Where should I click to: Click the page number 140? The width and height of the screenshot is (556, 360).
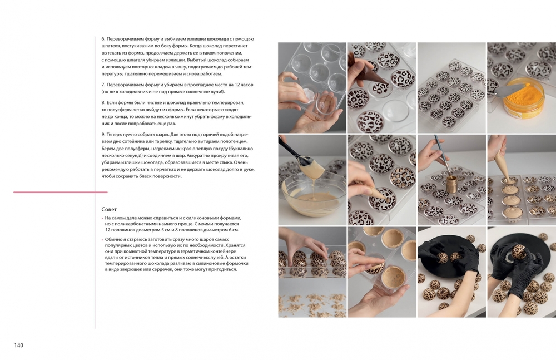click(x=19, y=345)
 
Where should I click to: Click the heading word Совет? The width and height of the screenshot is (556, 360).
click(x=109, y=209)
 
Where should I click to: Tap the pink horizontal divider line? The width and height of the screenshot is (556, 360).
click(x=60, y=192)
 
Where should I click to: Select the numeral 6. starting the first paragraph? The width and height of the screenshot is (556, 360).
click(x=103, y=39)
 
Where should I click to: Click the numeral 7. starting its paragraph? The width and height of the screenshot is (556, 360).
click(x=103, y=85)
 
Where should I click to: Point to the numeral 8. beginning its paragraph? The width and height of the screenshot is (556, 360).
click(x=103, y=102)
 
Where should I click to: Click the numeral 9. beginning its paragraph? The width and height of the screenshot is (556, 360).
click(x=103, y=135)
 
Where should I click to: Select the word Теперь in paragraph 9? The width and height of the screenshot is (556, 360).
click(x=114, y=135)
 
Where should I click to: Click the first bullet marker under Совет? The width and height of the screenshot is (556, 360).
click(x=102, y=218)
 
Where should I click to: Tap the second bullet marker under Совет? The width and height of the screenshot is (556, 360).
click(x=102, y=240)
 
